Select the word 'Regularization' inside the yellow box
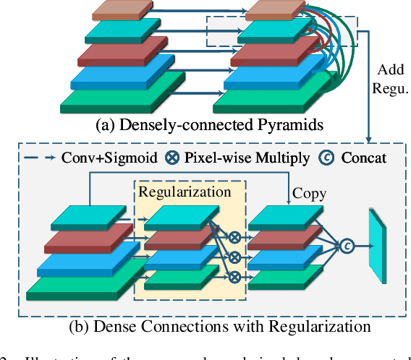185,192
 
